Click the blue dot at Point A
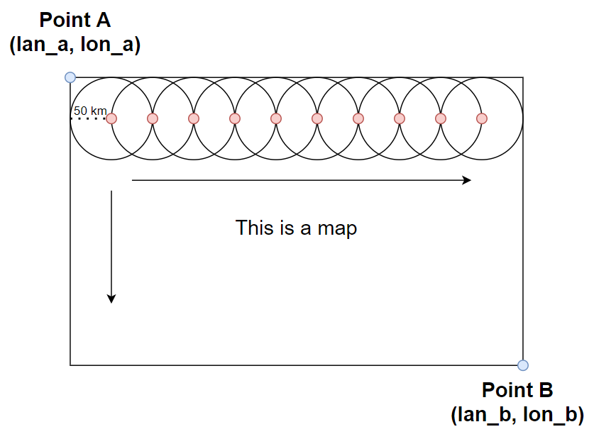click(x=70, y=77)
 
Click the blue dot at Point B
click(x=523, y=365)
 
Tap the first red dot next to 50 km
click(x=111, y=119)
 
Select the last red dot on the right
click(x=482, y=119)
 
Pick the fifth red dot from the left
click(x=276, y=119)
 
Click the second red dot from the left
click(x=153, y=119)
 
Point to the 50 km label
click(x=90, y=111)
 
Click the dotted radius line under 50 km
click(x=88, y=119)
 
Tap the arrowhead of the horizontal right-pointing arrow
click(x=467, y=180)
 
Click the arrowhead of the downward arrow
click(x=111, y=299)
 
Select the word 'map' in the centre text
click(x=337, y=228)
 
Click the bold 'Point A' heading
click(x=75, y=20)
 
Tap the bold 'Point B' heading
click(x=517, y=390)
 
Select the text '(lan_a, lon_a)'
click(x=75, y=44)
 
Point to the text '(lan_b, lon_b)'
click(x=517, y=414)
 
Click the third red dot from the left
click(x=194, y=119)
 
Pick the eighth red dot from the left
click(x=400, y=119)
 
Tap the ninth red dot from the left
click(x=441, y=119)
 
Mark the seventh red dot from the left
click(x=358, y=119)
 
